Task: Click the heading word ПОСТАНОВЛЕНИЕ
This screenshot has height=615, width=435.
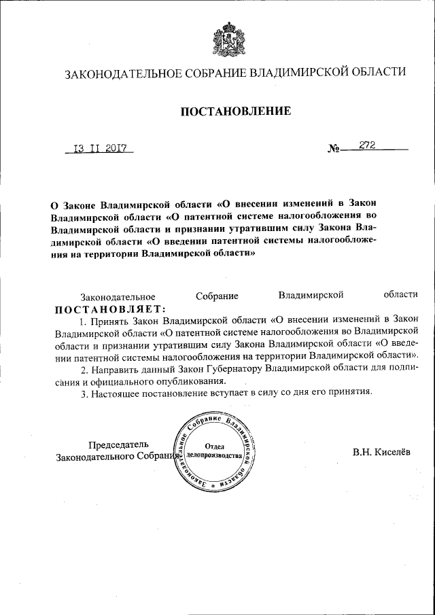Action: click(x=235, y=111)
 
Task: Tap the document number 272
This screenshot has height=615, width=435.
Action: click(x=369, y=145)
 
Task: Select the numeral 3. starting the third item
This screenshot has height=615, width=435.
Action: click(x=84, y=393)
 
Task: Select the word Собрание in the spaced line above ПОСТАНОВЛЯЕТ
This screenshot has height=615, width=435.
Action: click(x=217, y=296)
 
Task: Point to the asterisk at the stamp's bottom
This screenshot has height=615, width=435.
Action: click(x=213, y=489)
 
